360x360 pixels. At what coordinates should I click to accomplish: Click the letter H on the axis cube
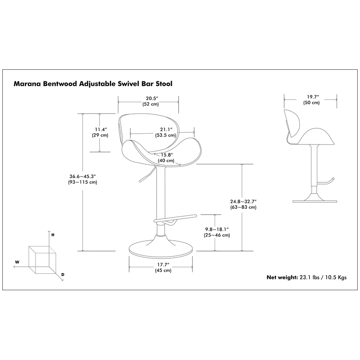click(53, 235)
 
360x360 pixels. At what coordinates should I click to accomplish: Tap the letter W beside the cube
click(17, 261)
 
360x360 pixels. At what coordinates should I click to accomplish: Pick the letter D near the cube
click(63, 274)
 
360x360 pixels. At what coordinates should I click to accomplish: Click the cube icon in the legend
click(42, 261)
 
